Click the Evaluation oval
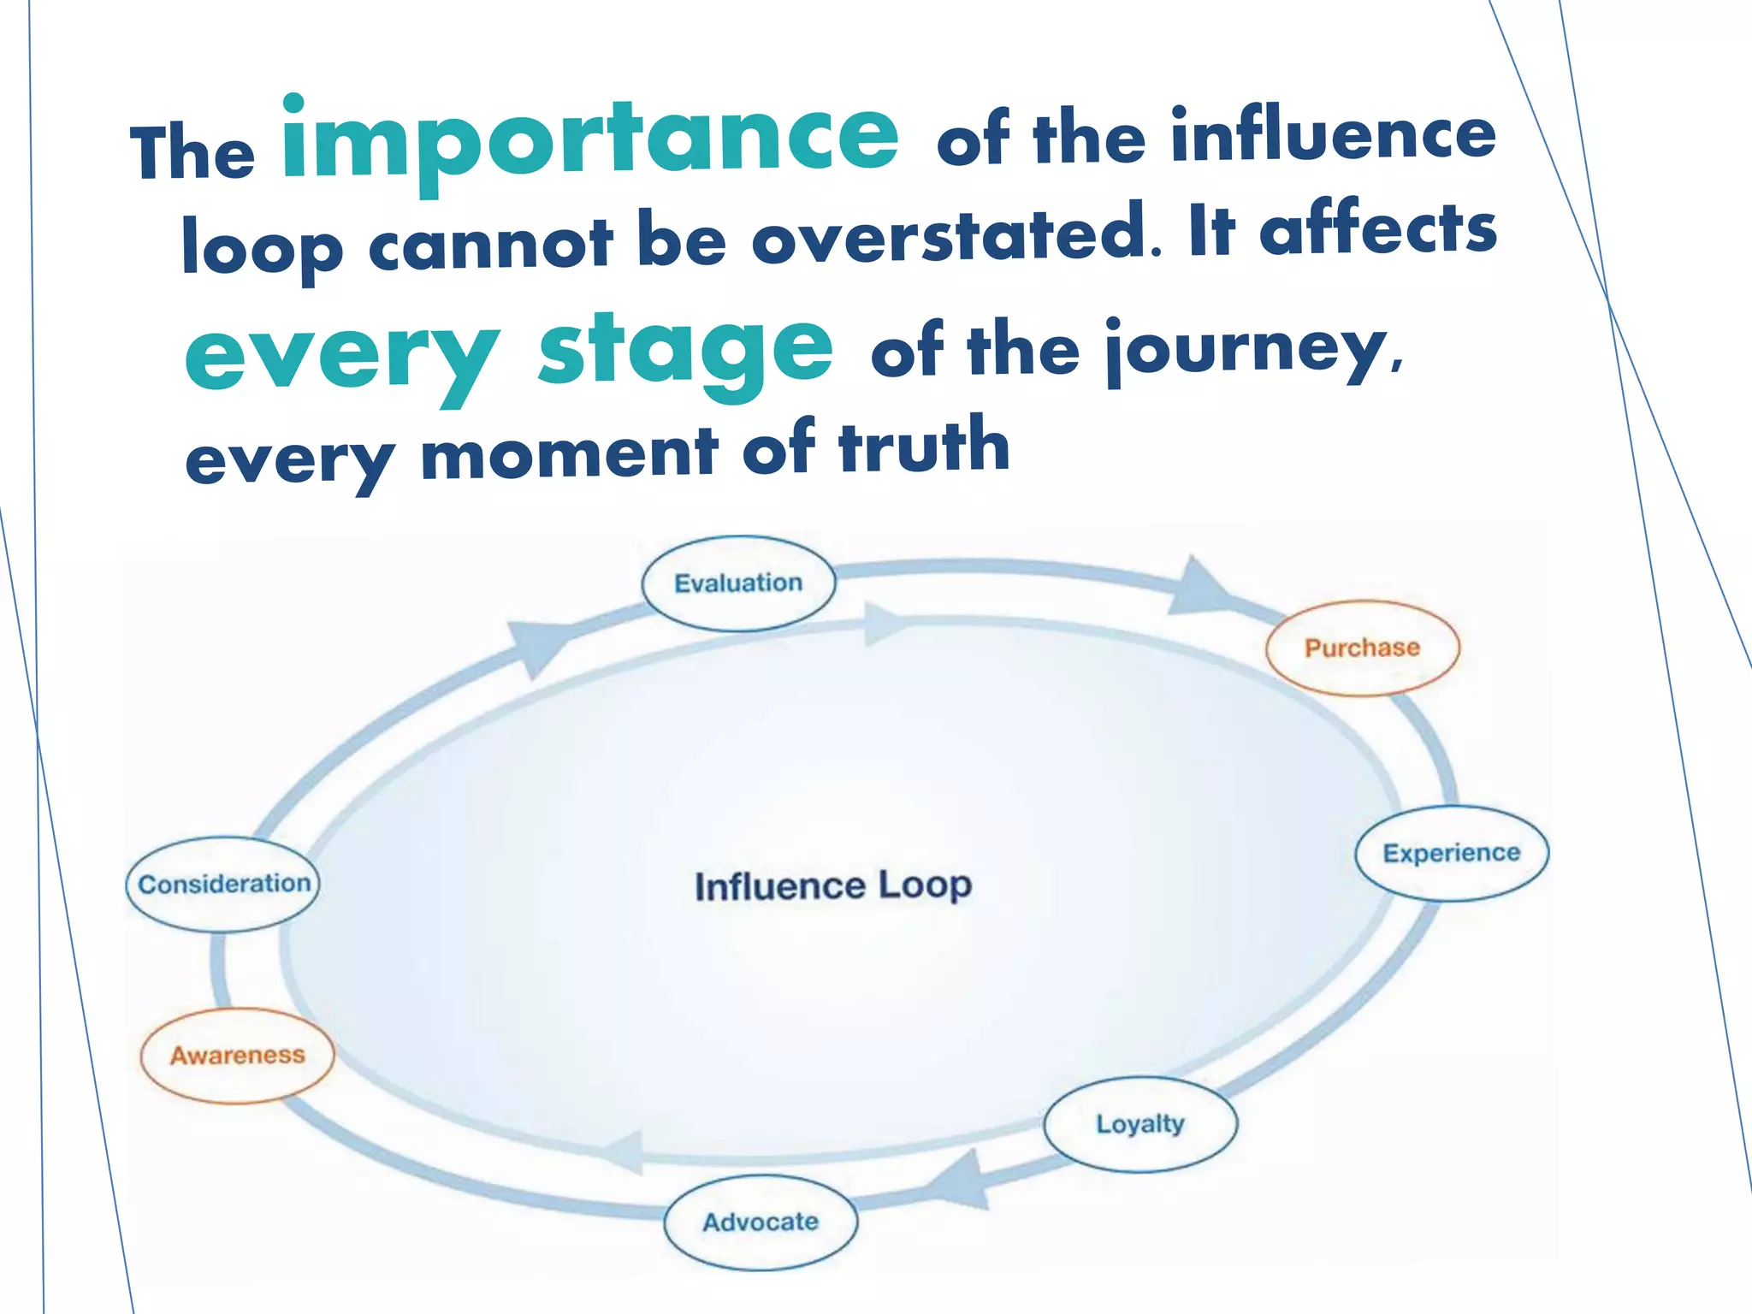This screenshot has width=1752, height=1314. [x=738, y=583]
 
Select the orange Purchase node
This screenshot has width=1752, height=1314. [x=1362, y=648]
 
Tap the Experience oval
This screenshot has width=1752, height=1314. [x=1452, y=853]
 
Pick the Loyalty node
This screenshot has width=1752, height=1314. [x=1140, y=1123]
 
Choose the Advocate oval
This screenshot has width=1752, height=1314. [x=761, y=1222]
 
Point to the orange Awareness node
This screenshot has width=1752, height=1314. [x=237, y=1055]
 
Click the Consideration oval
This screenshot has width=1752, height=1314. [x=223, y=884]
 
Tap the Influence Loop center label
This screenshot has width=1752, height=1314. [x=833, y=886]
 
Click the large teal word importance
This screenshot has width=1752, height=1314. [x=590, y=141]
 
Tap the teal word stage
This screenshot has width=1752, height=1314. [x=685, y=351]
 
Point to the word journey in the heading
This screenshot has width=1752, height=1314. [x=1246, y=351]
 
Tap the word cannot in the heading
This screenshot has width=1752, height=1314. [x=491, y=244]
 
